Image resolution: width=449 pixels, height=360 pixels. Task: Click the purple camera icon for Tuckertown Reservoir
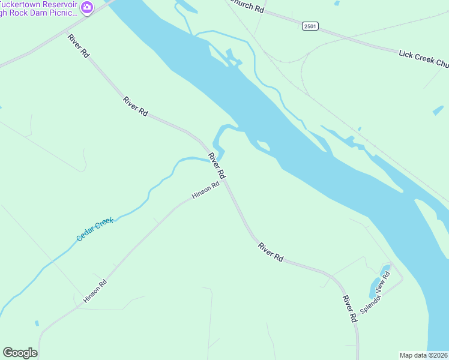click(88, 7)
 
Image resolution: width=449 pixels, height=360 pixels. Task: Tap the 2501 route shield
click(310, 26)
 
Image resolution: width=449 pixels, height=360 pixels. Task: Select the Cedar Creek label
click(95, 230)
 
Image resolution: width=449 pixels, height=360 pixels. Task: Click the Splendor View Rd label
click(376, 292)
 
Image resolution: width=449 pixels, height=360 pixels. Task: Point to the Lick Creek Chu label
click(424, 59)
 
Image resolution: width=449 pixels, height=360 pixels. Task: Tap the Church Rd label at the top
click(246, 7)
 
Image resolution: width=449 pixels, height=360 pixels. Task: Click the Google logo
click(20, 353)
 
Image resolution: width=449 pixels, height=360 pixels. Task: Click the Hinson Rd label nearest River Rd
click(205, 191)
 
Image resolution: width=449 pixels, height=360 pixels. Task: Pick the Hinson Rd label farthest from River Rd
click(95, 291)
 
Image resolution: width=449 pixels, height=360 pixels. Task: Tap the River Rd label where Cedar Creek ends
click(217, 166)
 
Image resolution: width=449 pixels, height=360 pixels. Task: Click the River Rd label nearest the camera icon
click(79, 46)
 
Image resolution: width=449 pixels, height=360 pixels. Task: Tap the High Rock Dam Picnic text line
click(40, 12)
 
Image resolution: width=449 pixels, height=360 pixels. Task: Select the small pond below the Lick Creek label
click(438, 110)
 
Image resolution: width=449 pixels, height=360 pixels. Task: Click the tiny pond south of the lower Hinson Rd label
click(37, 323)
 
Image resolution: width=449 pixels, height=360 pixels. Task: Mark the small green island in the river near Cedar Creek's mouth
click(263, 145)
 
